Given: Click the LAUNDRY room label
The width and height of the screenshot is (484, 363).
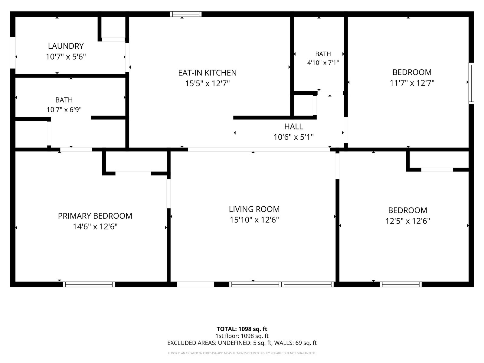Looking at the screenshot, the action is (x=66, y=46).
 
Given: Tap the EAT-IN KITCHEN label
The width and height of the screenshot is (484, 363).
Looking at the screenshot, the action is (x=207, y=73).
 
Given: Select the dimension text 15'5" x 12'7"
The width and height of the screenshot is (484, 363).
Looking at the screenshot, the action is (x=207, y=83).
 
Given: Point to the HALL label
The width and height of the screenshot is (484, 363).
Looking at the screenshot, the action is (x=293, y=126).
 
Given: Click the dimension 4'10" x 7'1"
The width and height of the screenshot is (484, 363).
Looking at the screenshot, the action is (x=323, y=63).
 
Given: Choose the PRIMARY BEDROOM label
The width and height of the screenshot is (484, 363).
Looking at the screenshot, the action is (x=95, y=216).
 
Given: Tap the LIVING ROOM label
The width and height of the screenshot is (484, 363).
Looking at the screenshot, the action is (x=254, y=209).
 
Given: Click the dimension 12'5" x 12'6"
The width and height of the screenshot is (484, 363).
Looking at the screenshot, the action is (x=408, y=221).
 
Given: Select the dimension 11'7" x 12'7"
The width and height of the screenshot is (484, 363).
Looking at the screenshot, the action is (x=412, y=83).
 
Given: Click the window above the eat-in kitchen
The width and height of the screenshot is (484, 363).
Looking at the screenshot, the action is (x=186, y=14).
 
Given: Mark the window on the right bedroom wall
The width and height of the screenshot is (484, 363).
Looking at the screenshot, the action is (x=471, y=83).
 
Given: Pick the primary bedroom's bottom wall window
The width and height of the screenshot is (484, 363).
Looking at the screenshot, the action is (x=89, y=284).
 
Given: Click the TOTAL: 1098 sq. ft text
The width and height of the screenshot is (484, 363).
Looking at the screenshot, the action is (x=242, y=329).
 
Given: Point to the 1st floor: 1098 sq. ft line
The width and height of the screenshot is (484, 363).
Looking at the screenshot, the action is (x=242, y=336).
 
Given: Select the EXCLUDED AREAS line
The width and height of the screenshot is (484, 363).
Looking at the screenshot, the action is (x=242, y=343).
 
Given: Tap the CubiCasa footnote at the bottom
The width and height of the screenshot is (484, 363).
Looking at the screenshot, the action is (x=242, y=353).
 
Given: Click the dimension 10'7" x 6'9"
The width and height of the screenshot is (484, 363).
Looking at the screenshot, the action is (x=64, y=110).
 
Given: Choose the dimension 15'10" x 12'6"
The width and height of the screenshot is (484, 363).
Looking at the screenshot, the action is (x=254, y=220).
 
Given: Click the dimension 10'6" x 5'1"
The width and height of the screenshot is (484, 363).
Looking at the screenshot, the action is (x=293, y=137).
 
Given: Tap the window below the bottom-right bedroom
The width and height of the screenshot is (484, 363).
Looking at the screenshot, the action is (x=401, y=284).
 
